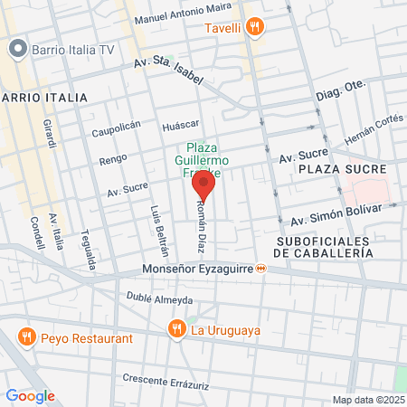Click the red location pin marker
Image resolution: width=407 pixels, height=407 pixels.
203,188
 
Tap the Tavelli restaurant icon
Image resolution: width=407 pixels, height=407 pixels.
256,27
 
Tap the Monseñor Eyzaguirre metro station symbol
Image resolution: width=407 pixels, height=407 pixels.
260,269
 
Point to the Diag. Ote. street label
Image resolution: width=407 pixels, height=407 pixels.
338,92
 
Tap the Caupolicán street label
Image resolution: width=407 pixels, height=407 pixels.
116,129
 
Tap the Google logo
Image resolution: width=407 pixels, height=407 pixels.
30,396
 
